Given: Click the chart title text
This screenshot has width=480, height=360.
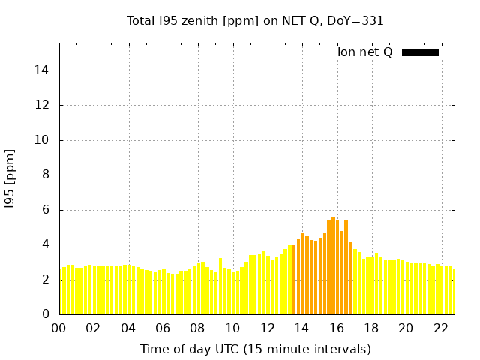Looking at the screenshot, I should pyautogui.click(x=255, y=21).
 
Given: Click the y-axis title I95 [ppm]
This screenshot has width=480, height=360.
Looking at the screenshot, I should pyautogui.click(x=10, y=178).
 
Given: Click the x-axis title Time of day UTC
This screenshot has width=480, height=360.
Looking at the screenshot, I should pyautogui.click(x=255, y=349).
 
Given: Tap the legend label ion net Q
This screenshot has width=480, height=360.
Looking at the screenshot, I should pyautogui.click(x=365, y=52).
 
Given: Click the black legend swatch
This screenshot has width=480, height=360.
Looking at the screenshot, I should pyautogui.click(x=420, y=52).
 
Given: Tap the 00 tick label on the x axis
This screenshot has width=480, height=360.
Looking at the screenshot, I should pyautogui.click(x=59, y=328).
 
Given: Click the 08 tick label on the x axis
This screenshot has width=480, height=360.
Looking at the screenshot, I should pyautogui.click(x=198, y=328).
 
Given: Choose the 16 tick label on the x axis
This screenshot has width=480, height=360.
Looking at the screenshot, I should pyautogui.click(x=337, y=328).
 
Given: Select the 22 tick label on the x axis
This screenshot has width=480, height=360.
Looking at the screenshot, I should pyautogui.click(x=441, y=328).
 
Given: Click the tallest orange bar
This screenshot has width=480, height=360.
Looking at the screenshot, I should pyautogui.click(x=333, y=266).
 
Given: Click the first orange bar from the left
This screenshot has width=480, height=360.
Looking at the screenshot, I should pyautogui.click(x=294, y=279).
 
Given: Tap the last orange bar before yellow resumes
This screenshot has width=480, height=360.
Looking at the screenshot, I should pyautogui.click(x=350, y=277).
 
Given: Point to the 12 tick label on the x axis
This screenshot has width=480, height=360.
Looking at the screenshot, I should pyautogui.click(x=268, y=328).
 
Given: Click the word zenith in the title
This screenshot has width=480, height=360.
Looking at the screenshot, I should pyautogui.click(x=196, y=21).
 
